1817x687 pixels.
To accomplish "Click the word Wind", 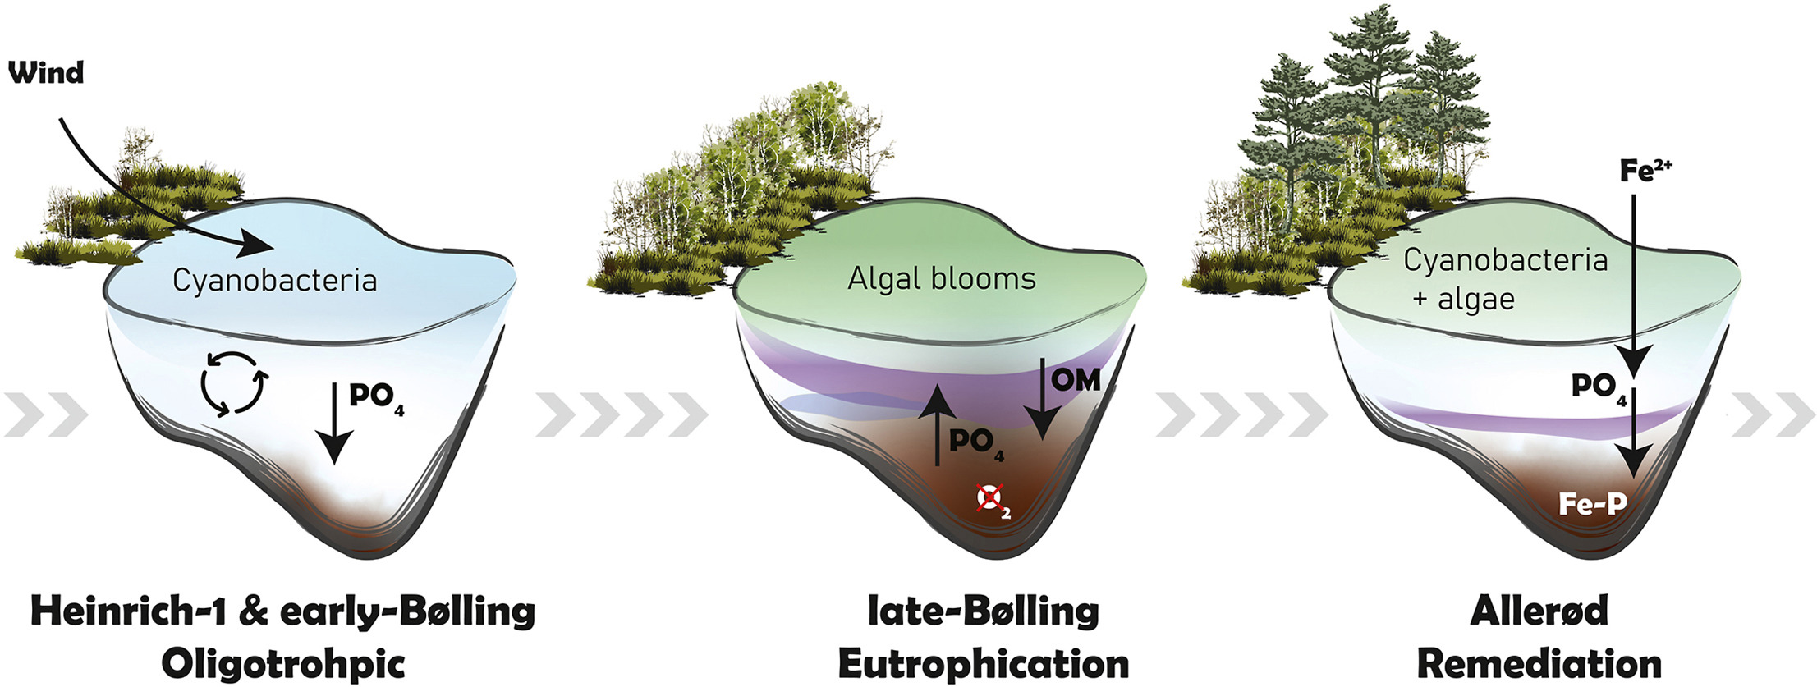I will coord(46,73).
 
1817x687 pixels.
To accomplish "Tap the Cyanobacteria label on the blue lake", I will coord(274,281).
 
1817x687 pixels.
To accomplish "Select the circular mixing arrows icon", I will coord(233,383).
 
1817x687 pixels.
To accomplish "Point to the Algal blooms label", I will coord(942,279).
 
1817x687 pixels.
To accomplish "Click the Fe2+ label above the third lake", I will coord(1645,170).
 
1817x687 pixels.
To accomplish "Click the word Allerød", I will coord(1539,611).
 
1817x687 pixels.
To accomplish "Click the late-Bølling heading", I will coord(983,611).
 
